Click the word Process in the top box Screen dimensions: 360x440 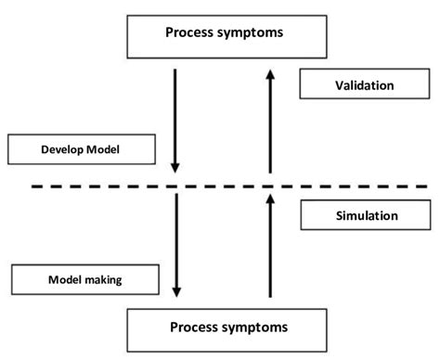(191, 32)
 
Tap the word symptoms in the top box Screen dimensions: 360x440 (251, 32)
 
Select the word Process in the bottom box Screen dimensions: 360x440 (195, 327)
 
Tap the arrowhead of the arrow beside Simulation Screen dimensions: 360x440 (268, 195)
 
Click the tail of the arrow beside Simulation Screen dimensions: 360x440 (268, 297)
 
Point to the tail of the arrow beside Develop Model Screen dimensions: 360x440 (175, 67)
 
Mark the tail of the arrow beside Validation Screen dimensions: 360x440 (268, 174)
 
